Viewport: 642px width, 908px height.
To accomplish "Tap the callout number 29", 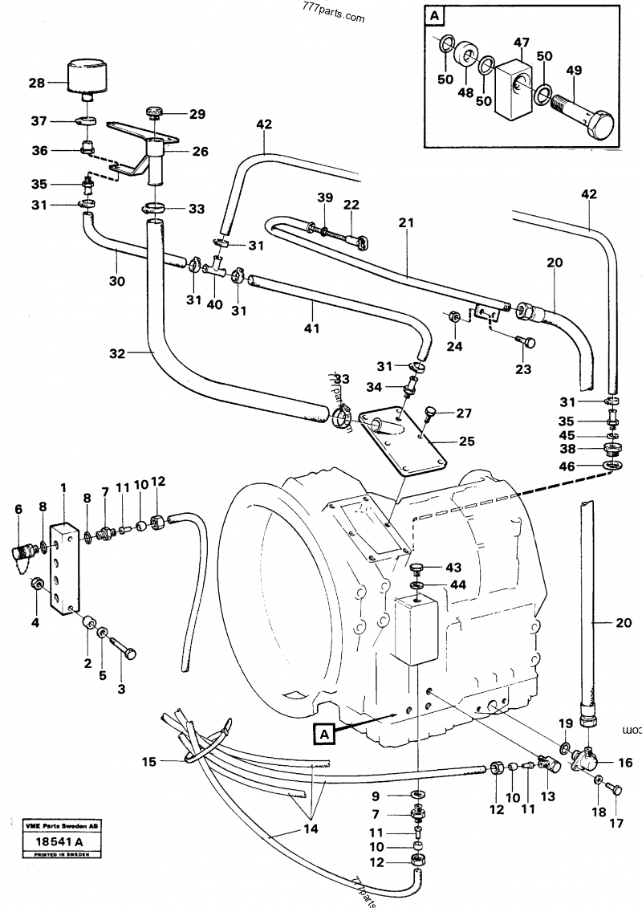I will [x=197, y=114].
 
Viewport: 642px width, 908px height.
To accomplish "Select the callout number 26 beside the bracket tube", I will [x=199, y=150].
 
